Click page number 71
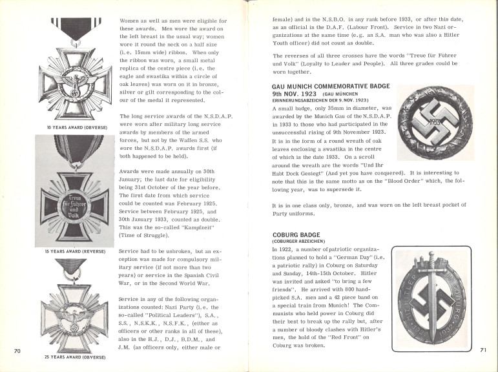pyautogui.click(x=482, y=349)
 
